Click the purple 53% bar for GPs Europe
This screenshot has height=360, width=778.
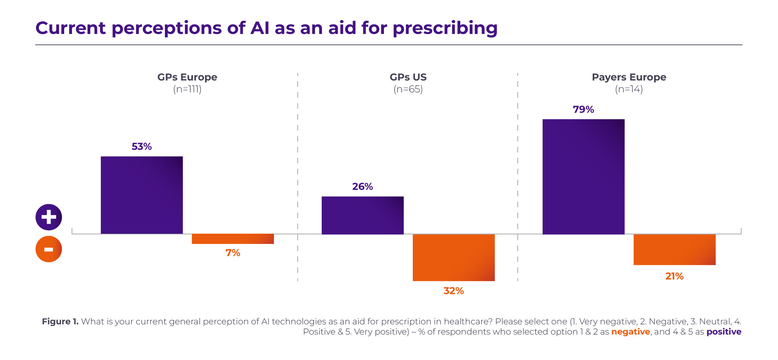[x=142, y=195]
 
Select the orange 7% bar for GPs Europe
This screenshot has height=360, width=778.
[x=233, y=239]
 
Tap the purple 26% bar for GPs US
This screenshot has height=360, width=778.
[x=363, y=215]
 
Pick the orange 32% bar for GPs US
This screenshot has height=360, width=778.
[x=453, y=257]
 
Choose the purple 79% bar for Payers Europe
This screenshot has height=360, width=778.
[x=583, y=177]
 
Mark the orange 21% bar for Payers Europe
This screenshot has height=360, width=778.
[x=674, y=250]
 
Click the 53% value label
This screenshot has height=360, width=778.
[x=142, y=146]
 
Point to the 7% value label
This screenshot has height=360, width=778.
[x=233, y=253]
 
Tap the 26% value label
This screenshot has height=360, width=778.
[x=363, y=186]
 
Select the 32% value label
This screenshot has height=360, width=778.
[x=453, y=291]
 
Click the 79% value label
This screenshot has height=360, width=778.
[x=583, y=109]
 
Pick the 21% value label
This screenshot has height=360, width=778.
[x=674, y=276]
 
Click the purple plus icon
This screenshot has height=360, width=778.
[x=49, y=217]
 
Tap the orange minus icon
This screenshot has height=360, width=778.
[x=49, y=249]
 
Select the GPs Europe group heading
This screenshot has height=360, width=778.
[x=187, y=77]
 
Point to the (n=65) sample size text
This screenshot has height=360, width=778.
[x=408, y=89]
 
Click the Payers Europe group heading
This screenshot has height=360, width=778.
[x=629, y=77]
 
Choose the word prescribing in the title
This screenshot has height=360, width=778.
[x=445, y=28]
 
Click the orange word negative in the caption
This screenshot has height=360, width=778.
[x=630, y=332]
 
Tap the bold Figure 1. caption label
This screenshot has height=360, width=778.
[x=60, y=322]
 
